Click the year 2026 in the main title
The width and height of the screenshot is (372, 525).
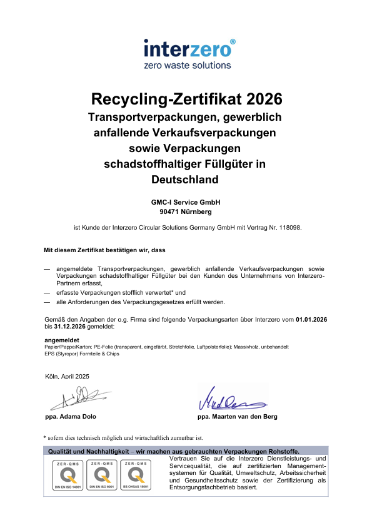click(x=264, y=99)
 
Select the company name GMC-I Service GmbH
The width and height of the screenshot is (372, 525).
click(x=186, y=202)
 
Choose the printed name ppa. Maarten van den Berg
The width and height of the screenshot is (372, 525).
click(x=237, y=416)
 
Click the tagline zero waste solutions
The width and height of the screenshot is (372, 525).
click(x=188, y=65)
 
